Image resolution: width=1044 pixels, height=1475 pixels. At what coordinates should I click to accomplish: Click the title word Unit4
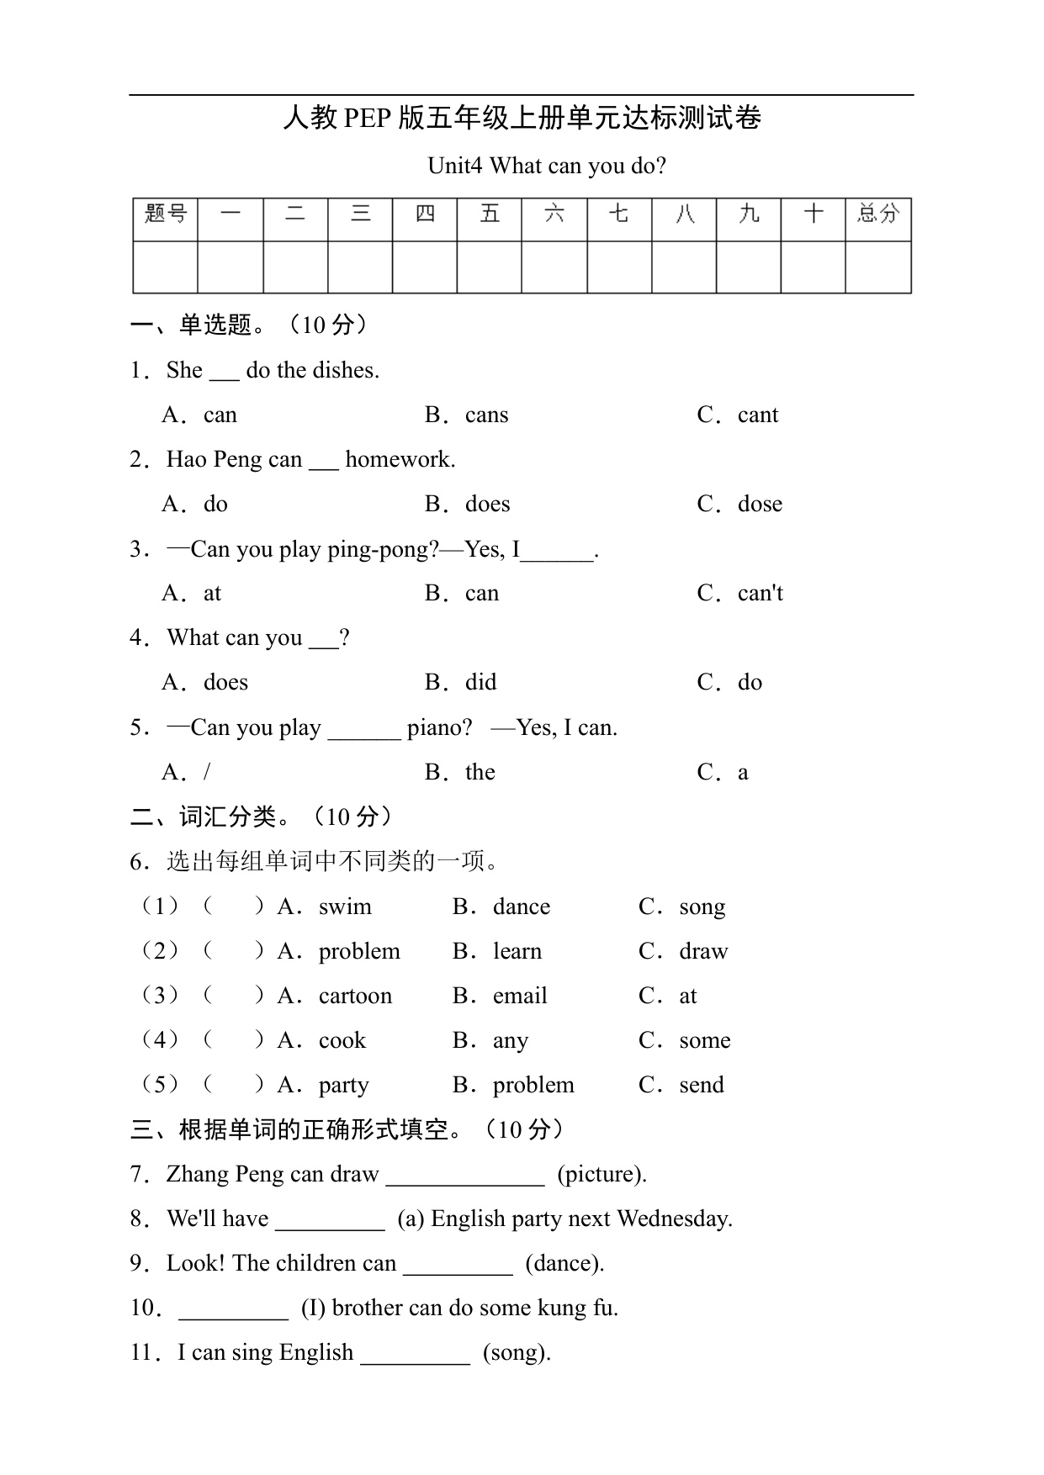coord(454,166)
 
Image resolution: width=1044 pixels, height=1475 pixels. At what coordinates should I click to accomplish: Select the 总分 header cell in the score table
coord(877,214)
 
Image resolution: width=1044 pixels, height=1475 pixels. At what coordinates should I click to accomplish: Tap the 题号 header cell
coord(165,214)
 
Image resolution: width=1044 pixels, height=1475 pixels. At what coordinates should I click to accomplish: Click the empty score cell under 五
coord(489,267)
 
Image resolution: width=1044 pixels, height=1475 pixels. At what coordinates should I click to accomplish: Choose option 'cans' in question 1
coord(486,415)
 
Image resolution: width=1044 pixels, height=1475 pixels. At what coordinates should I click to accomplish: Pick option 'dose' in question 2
coord(760,504)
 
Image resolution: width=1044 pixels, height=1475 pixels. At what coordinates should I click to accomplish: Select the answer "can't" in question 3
coord(760,593)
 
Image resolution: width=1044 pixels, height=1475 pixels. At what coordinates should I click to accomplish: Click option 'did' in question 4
coord(480,682)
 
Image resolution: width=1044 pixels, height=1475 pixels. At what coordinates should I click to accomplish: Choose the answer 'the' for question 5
coord(480,772)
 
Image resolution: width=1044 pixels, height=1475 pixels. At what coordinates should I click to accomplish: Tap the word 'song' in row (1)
coord(702,907)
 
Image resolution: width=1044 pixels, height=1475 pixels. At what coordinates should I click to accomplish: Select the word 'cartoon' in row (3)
coord(355,996)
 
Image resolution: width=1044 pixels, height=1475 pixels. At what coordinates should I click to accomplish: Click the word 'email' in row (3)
coord(520,996)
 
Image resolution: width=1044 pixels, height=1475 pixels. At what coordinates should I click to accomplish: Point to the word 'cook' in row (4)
coord(342,1040)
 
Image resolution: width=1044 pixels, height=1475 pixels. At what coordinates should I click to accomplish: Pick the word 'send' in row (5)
coord(702,1085)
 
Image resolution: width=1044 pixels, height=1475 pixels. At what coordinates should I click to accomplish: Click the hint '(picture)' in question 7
coord(601,1174)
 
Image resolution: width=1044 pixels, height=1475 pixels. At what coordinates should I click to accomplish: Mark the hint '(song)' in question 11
coord(517,1352)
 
